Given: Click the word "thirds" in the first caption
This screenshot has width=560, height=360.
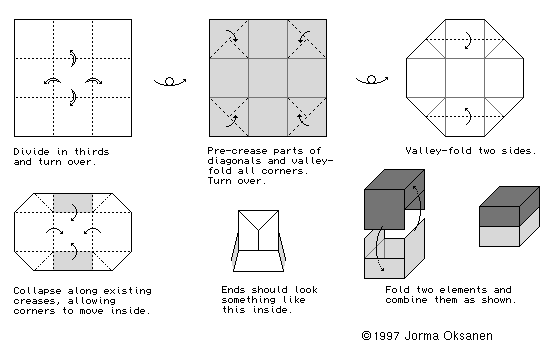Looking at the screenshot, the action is point(91,152).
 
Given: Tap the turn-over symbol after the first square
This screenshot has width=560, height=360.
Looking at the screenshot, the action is point(170,82).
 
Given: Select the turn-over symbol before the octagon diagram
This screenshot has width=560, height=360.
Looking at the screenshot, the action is point(372,80).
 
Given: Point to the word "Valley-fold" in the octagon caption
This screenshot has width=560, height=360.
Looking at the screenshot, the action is point(439,151).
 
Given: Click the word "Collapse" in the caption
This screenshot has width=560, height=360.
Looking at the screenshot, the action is point(37,291).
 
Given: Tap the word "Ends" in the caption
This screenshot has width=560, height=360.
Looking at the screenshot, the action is point(233,290).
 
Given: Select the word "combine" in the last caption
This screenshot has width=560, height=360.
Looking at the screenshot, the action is point(406,300).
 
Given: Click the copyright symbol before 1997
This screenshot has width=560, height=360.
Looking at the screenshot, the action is point(366,336).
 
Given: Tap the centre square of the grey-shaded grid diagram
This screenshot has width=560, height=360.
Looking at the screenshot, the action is point(268,78).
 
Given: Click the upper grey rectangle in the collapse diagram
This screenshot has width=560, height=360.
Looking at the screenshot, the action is point(73,203).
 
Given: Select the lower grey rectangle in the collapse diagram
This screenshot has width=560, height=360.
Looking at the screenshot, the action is point(73,261).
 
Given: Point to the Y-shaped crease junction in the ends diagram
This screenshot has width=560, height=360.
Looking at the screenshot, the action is point(258,230).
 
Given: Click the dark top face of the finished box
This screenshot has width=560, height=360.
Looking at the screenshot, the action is point(510,196).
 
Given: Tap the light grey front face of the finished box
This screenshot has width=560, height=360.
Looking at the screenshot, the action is point(499,236).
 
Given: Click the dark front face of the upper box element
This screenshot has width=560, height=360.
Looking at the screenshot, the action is point(384,210).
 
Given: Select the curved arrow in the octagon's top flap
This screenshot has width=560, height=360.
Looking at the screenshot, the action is point(468,40).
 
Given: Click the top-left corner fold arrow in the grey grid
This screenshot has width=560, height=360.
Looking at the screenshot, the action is point(231,36).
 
